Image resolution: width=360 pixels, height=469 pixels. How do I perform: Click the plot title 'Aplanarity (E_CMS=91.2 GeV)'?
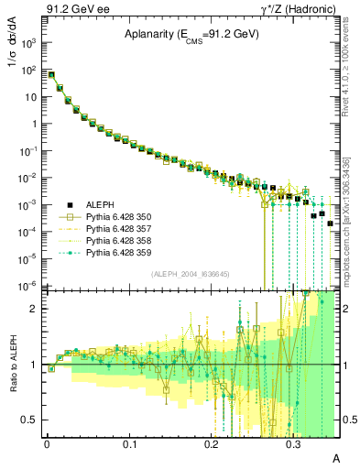192,35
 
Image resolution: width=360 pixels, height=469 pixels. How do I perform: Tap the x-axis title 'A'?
335,457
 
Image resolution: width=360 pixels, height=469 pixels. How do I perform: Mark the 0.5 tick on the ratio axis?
33,420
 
